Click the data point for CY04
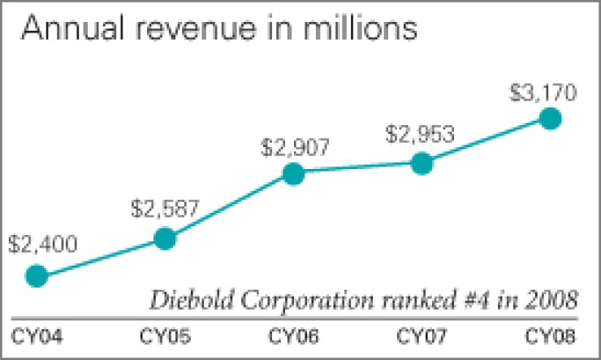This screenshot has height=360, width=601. [37, 276]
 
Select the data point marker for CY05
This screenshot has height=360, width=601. [165, 238]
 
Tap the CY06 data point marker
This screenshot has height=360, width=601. [293, 173]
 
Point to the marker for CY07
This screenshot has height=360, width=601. [422, 163]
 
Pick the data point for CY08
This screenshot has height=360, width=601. [550, 119]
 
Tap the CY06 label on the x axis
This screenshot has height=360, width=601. [292, 335]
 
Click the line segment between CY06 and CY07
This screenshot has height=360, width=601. [357, 168]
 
